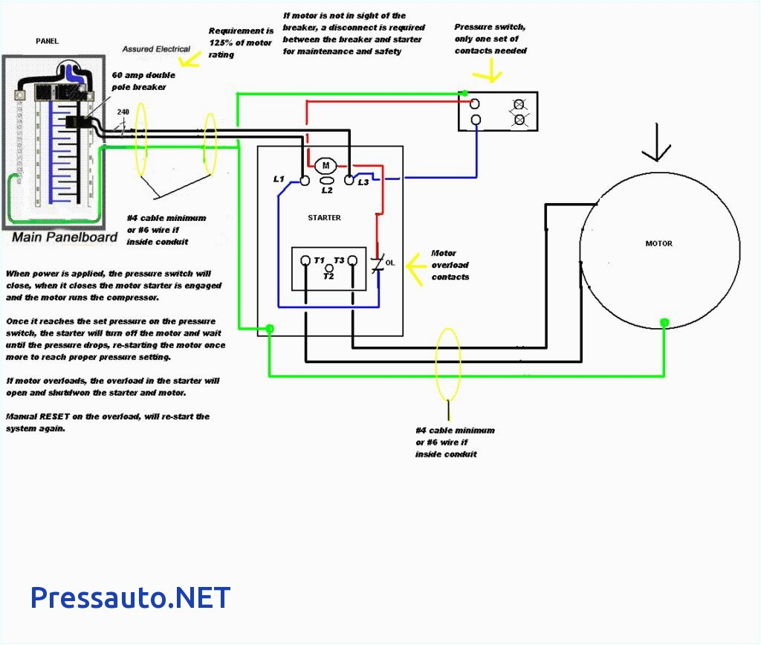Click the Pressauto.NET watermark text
click(x=130, y=597)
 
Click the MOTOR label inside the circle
click(x=658, y=243)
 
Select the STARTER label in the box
click(x=324, y=218)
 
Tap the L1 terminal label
click(x=279, y=179)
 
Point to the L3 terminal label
click(x=363, y=182)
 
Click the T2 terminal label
click(x=328, y=275)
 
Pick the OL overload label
click(x=390, y=263)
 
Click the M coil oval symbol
click(x=326, y=164)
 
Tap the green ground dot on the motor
click(x=664, y=322)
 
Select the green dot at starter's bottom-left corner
click(x=270, y=328)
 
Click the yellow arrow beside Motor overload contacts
click(x=416, y=263)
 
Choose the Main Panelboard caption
click(x=65, y=237)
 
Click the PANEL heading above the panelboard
click(x=47, y=42)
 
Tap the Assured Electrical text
click(x=156, y=49)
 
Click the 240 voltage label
click(x=123, y=112)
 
